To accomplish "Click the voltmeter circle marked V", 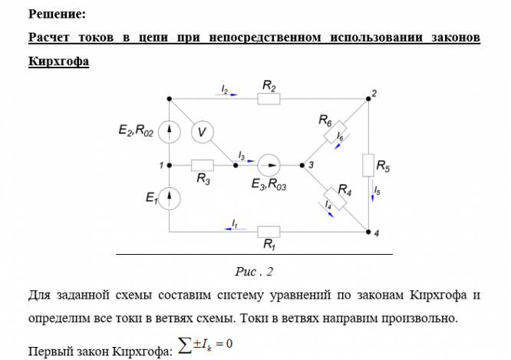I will [202, 132].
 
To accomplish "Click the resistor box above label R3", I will [203, 164].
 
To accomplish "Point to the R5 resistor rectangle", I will [369, 165].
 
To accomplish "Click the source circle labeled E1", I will [170, 198].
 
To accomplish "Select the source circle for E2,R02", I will [170, 131].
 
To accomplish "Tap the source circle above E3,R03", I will [269, 164].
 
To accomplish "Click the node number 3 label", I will [311, 164].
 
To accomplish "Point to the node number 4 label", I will [376, 233].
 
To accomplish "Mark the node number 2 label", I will [374, 94].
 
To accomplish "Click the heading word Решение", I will [57, 14].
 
